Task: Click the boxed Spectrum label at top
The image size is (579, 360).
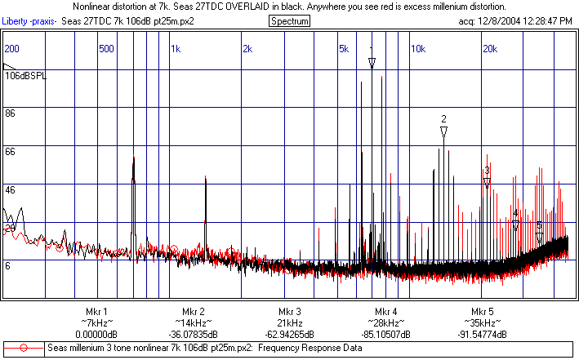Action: click(x=289, y=20)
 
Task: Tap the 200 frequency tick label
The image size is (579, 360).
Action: click(x=12, y=49)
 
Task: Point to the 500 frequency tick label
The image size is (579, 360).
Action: click(x=106, y=49)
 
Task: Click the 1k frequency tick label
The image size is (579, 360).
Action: click(x=176, y=49)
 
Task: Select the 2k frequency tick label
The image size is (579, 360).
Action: click(x=248, y=49)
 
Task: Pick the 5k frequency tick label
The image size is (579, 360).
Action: click(x=345, y=49)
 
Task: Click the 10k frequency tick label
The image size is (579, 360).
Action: click(x=417, y=49)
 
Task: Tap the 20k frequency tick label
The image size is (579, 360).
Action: click(x=490, y=49)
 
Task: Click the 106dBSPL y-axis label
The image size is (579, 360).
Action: click(x=25, y=75)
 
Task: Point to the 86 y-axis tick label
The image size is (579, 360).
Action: click(x=11, y=113)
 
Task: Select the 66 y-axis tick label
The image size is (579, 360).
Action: click(x=11, y=152)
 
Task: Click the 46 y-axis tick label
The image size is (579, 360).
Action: click(x=11, y=189)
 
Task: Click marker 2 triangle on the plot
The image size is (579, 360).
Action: click(x=443, y=131)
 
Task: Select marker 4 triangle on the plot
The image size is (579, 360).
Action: click(x=515, y=225)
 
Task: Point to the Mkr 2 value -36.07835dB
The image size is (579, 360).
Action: click(x=193, y=335)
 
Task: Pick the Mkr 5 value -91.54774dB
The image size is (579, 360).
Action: click(x=482, y=335)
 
